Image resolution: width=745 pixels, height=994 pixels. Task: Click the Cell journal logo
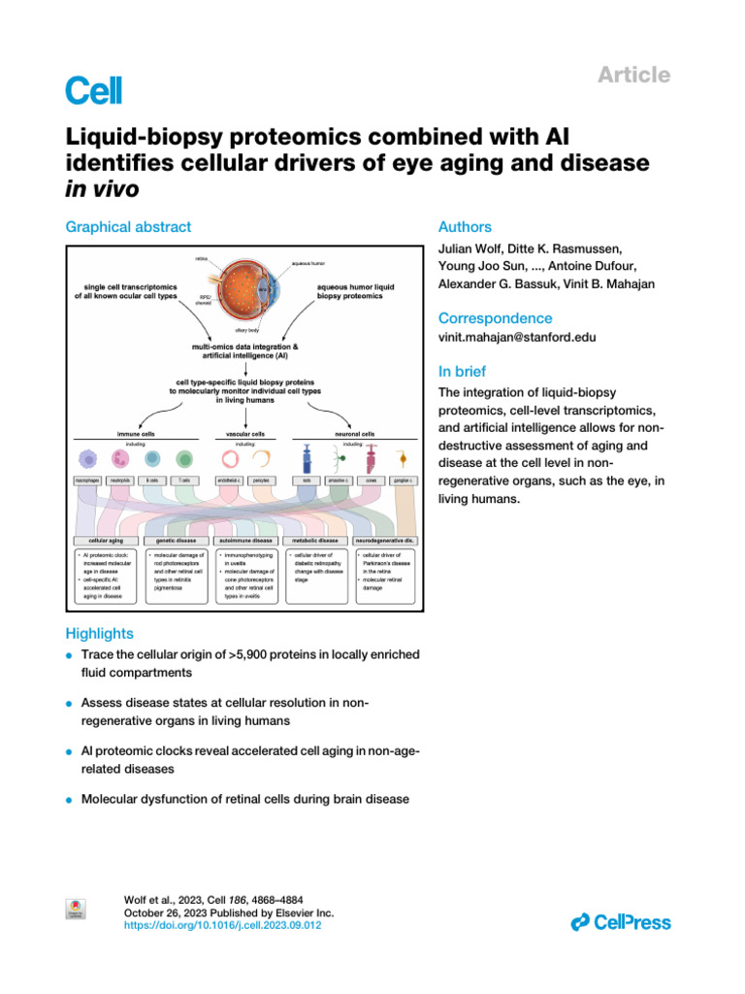click(93, 90)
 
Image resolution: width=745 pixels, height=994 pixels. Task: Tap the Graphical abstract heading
click(128, 227)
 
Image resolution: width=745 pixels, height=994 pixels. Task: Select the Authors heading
click(465, 227)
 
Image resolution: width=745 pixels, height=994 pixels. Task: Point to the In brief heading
click(464, 371)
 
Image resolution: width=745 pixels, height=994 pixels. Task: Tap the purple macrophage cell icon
click(88, 459)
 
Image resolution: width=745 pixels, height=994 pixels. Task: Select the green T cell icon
click(183, 459)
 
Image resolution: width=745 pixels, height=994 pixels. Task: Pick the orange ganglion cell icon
click(403, 459)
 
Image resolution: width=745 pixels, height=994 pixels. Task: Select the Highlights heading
click(99, 634)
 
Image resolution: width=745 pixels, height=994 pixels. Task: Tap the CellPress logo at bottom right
click(621, 922)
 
